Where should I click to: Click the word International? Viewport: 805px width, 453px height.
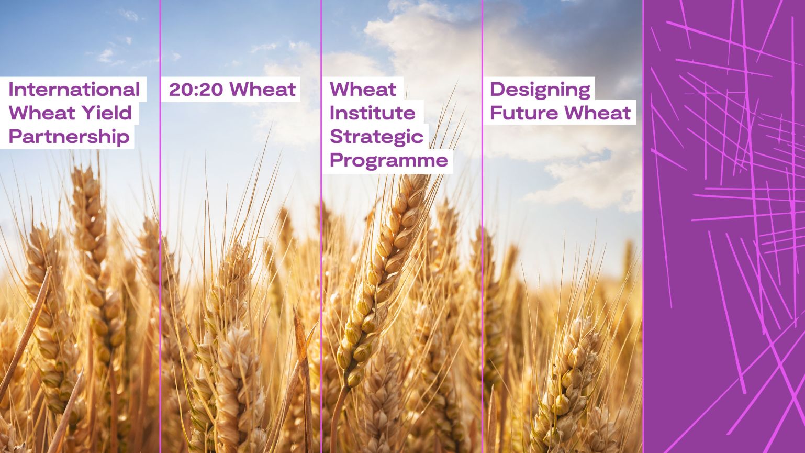pos(74,90)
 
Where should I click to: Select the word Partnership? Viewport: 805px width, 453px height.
pos(69,137)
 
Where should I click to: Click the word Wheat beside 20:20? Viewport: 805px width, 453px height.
pos(263,90)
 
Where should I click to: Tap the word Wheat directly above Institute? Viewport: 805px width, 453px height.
pos(363,90)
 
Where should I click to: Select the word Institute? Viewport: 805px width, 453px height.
pos(372,113)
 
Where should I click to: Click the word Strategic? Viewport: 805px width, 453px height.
pos(376,137)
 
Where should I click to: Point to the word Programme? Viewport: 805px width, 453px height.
pos(388,160)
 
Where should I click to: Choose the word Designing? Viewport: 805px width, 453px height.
pos(540,90)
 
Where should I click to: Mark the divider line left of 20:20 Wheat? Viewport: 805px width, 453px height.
pos(160,262)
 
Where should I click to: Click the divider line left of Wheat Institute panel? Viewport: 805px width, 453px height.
pos(321,262)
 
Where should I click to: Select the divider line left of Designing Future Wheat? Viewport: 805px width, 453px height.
pos(482,262)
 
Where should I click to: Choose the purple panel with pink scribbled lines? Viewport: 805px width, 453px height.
pos(724,226)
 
